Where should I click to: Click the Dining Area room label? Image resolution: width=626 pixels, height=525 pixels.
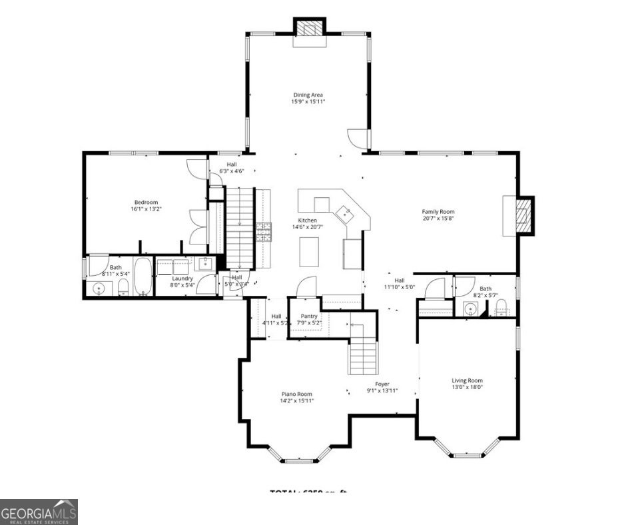coord(308,95)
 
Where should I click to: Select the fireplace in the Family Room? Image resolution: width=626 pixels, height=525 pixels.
coord(525,215)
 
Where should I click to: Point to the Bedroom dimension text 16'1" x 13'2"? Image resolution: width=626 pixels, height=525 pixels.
coord(146,209)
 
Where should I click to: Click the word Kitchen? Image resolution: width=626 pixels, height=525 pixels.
coord(307,221)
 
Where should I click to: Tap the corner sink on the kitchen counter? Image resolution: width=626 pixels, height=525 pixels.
coord(345,213)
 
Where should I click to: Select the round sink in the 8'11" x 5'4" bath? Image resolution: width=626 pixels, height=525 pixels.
coord(99,289)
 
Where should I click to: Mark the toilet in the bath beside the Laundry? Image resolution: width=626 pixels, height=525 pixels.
coord(123,288)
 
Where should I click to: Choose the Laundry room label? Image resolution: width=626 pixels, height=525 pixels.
coord(182,278)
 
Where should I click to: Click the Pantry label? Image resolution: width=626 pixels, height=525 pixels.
coord(309,316)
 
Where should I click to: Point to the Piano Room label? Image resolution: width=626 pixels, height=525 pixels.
coord(296,394)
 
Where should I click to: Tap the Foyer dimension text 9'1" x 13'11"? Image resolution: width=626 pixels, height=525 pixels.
coord(382,391)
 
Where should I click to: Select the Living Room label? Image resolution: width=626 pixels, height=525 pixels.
coord(467,380)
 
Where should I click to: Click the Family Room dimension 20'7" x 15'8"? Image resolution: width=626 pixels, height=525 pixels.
coord(438,219)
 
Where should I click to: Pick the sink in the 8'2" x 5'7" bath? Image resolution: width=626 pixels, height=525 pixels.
coord(471,308)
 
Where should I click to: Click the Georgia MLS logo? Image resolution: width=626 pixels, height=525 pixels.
coord(39,512)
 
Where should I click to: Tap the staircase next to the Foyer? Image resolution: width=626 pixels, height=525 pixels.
coord(364,350)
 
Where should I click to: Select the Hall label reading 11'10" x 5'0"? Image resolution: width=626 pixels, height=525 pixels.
coord(399,287)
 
